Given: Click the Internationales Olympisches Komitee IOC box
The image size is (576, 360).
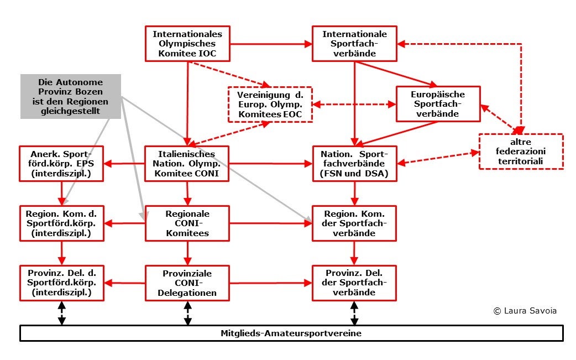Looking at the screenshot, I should click(187, 43).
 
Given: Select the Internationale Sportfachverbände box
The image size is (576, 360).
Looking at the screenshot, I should click(354, 43).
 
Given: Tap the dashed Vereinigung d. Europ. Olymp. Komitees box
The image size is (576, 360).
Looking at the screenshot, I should click(270, 104).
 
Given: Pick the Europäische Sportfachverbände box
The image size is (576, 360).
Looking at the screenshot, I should click(438, 103).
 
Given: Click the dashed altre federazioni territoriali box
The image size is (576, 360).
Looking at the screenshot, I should click(521, 151).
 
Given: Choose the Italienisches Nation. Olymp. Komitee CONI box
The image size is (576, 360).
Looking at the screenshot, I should click(187, 164).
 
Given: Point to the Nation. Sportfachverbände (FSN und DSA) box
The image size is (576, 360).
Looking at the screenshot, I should click(354, 164).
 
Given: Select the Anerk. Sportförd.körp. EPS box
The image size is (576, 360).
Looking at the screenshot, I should click(61, 164).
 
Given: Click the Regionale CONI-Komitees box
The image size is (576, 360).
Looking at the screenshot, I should click(187, 223).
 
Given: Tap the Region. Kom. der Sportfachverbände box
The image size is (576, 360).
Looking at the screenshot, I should click(354, 223).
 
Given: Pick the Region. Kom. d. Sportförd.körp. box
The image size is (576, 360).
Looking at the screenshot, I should click(61, 223).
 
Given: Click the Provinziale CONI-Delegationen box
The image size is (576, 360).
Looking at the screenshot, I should click(187, 283).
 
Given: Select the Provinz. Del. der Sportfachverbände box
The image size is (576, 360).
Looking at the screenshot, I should click(354, 283).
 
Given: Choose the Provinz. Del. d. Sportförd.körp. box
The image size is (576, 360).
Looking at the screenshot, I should click(61, 283).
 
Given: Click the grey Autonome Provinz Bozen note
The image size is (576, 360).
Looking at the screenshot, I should click(71, 96).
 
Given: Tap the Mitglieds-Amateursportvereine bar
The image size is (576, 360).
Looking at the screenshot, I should click(291, 333).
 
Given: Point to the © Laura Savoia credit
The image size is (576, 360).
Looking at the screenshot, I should click(525, 311).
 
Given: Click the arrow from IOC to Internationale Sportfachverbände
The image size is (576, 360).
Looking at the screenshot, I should click(271, 43).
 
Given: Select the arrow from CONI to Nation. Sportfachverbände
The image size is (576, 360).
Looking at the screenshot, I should click(271, 164).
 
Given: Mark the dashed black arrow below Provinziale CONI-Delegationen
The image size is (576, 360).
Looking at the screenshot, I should click(187, 314).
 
